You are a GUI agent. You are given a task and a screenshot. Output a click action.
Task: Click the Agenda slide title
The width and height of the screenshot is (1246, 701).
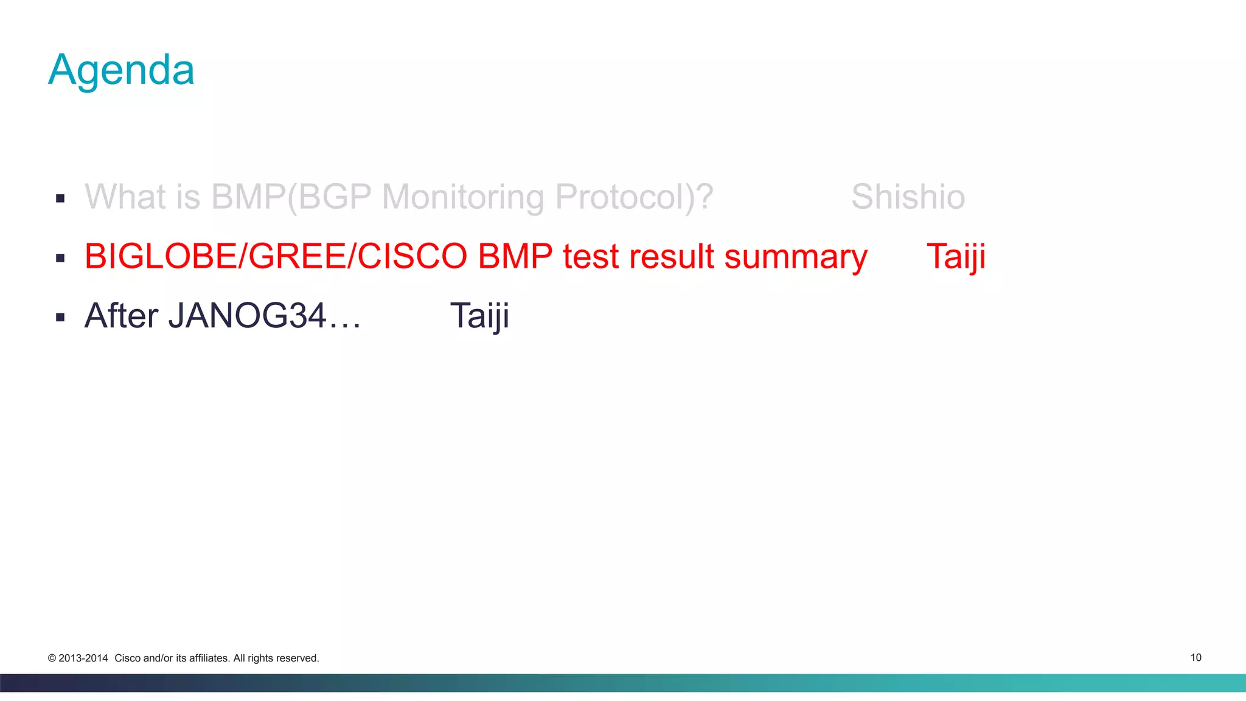121,70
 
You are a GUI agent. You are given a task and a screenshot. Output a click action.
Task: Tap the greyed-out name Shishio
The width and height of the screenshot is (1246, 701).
908,197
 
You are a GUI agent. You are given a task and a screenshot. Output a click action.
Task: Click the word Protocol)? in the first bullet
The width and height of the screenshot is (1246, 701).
634,197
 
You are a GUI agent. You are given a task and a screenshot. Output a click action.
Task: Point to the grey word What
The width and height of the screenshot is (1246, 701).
125,197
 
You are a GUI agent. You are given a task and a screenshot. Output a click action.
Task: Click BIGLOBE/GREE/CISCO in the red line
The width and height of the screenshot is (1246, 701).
275,256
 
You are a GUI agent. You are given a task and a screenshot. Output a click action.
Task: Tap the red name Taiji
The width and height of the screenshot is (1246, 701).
955,256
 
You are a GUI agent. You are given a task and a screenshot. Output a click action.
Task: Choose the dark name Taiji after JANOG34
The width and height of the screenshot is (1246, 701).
479,316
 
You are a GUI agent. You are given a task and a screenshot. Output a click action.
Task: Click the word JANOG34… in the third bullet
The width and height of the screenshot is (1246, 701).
264,316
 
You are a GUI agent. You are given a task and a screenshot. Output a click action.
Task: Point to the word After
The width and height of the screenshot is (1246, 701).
121,316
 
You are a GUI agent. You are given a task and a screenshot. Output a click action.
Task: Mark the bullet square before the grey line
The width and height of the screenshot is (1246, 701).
60,198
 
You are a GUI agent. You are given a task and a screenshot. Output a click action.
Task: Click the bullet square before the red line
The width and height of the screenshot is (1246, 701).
60,258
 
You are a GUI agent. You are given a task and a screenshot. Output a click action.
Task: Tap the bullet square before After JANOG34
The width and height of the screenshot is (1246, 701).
60,317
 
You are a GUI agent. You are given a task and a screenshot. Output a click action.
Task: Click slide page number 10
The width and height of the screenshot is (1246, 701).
1196,657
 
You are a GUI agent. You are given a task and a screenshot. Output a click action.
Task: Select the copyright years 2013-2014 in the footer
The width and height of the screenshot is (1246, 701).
83,658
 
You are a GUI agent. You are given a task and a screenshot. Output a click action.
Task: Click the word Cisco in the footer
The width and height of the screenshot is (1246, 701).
127,658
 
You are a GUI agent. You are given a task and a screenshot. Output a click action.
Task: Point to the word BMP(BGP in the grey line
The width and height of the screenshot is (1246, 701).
291,197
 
